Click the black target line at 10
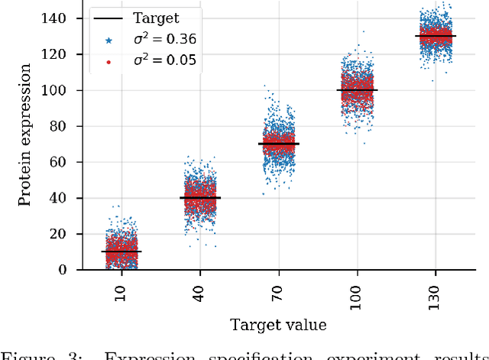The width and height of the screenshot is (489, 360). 121,251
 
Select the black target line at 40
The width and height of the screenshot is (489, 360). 200,197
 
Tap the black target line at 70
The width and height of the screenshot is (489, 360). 278,144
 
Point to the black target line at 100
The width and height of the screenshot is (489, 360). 358,90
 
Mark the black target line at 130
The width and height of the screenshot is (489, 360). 436,36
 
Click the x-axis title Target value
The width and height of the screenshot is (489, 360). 278,325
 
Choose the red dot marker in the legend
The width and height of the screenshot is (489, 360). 108,60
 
